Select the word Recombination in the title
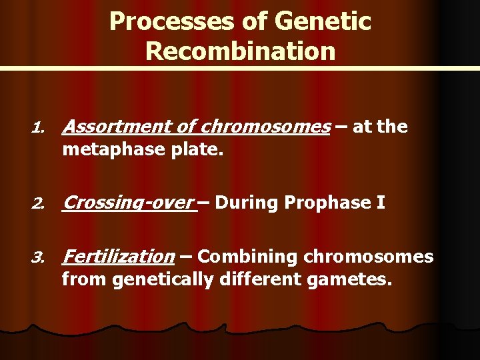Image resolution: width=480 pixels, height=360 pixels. coord(240,51)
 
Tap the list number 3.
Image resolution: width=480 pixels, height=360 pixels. coord(39,257)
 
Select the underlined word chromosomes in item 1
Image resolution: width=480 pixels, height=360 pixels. coord(264,127)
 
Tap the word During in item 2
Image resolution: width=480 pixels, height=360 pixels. coord(247,203)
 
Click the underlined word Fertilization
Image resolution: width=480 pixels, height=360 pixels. coord(118,257)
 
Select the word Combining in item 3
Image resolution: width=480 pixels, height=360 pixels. coord(249,257)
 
